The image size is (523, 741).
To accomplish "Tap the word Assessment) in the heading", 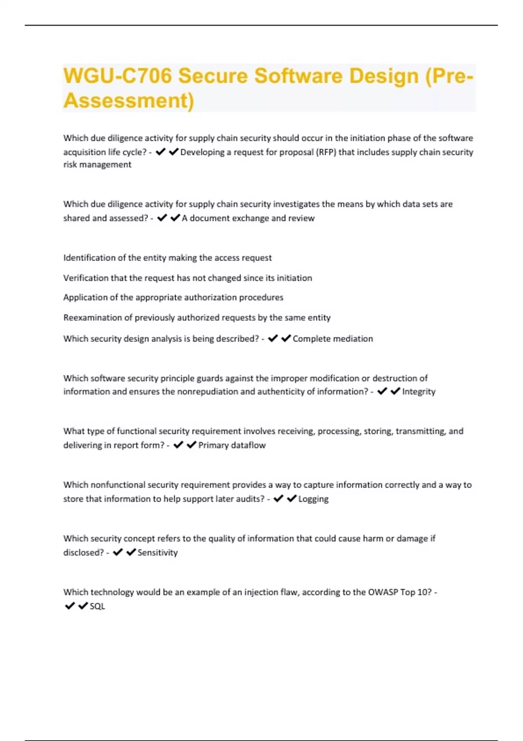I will coord(129,101).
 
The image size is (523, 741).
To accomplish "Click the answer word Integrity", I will coord(419,391).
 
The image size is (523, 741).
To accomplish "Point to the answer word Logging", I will coord(313,499).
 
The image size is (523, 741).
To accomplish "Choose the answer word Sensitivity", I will coord(157,553).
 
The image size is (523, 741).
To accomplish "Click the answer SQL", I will coord(97,606).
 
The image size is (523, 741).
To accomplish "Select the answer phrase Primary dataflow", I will coord(232,445).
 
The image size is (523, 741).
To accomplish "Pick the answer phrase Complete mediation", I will coord(333,339).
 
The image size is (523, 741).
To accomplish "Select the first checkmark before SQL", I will coord(69,606).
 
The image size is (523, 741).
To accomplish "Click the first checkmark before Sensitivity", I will coord(118,552).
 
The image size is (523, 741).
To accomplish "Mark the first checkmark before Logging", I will coord(278,498).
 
